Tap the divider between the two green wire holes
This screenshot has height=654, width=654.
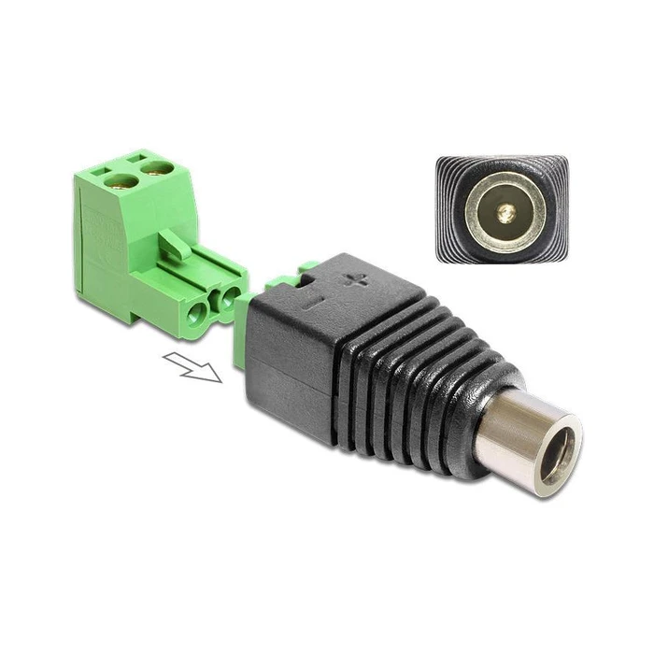click(x=210, y=304)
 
